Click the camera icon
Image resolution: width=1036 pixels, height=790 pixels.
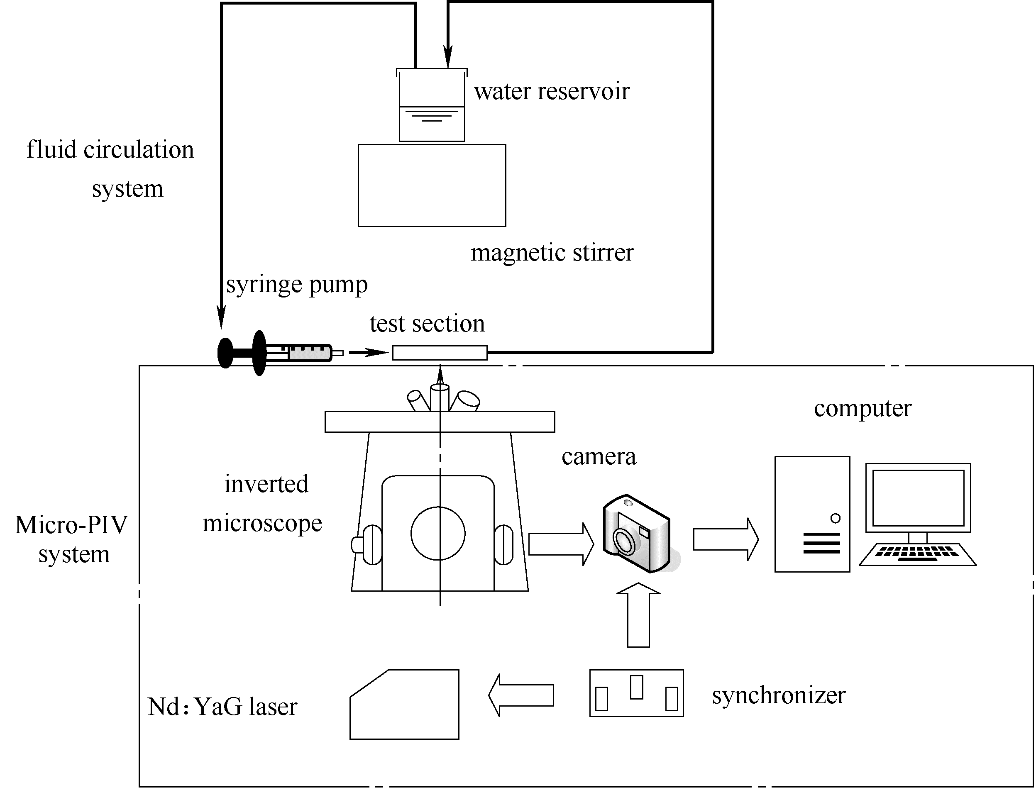click(x=638, y=534)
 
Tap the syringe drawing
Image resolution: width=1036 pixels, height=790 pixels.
click(x=277, y=353)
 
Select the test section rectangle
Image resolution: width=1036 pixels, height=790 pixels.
click(x=440, y=353)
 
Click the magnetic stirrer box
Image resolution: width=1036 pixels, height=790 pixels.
click(x=432, y=185)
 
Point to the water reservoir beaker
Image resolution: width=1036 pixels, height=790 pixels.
click(x=432, y=106)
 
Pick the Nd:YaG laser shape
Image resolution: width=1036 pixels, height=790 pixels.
click(x=404, y=705)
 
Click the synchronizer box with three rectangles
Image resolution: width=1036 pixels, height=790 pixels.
click(x=636, y=693)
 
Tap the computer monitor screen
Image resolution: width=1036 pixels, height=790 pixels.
click(x=918, y=498)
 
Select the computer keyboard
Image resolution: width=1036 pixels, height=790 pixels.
click(x=917, y=554)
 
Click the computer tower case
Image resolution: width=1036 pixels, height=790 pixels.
click(x=812, y=514)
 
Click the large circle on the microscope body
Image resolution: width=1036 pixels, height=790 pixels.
click(x=438, y=533)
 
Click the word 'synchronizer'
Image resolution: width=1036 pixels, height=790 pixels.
click(x=778, y=695)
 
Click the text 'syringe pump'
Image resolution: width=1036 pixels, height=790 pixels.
click(x=297, y=285)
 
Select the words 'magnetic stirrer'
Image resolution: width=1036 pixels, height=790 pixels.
click(x=552, y=253)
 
